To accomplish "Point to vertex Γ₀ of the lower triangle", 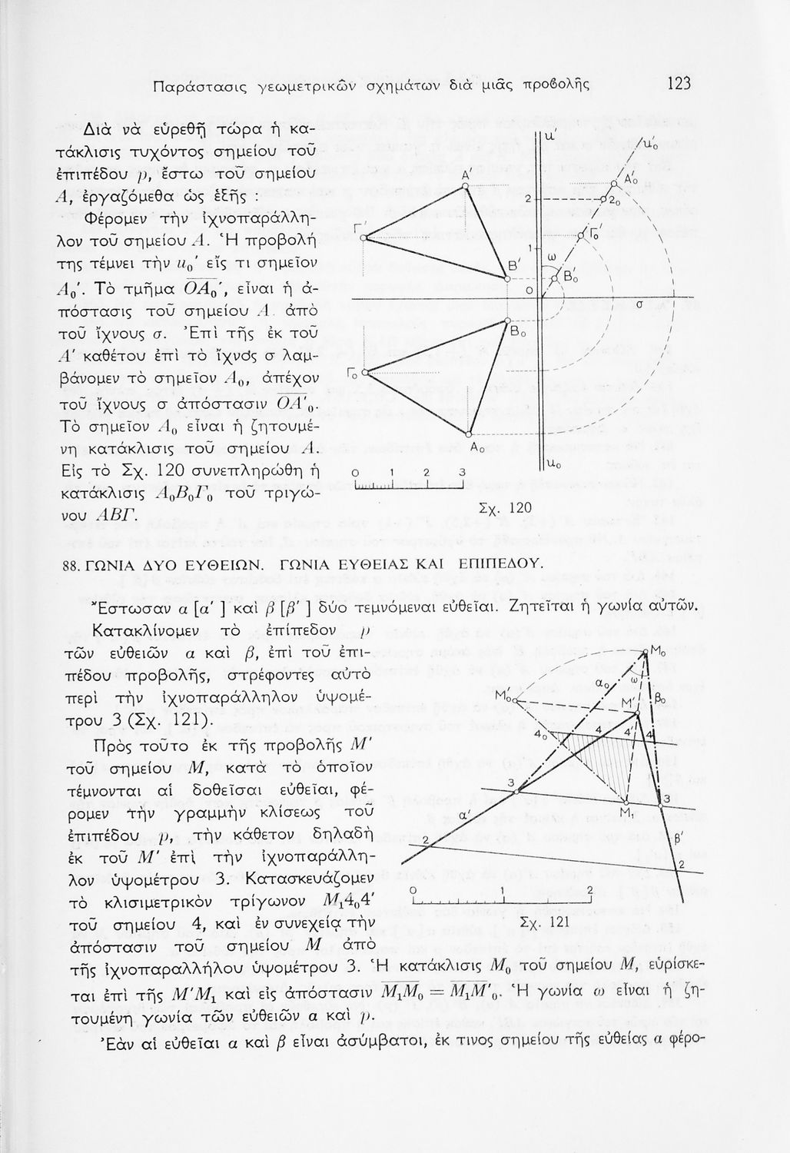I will (364, 373).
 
